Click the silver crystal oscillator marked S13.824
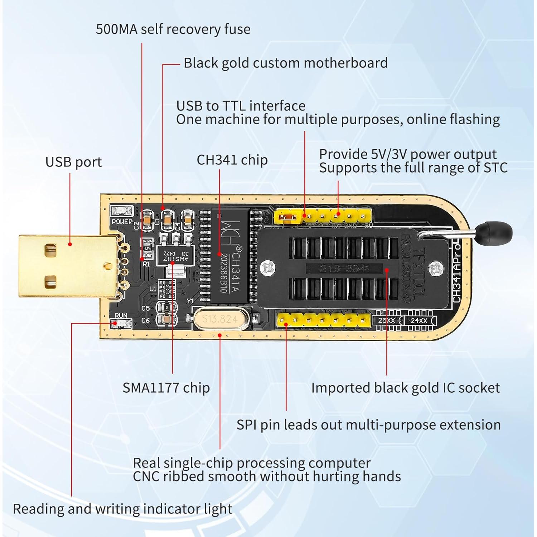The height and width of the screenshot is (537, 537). click(220, 319)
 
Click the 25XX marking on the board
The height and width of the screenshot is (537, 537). click(387, 320)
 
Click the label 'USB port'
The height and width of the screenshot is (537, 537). click(73, 162)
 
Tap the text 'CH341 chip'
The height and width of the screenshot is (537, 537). click(232, 160)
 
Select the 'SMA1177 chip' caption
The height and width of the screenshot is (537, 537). click(166, 388)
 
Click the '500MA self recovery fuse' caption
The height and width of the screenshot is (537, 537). click(173, 29)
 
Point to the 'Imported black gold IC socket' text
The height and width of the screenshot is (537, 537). click(405, 388)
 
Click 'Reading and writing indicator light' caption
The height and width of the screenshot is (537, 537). click(122, 509)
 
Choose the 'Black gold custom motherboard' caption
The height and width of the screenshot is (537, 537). click(285, 63)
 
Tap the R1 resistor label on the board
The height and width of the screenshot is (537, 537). click(146, 264)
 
